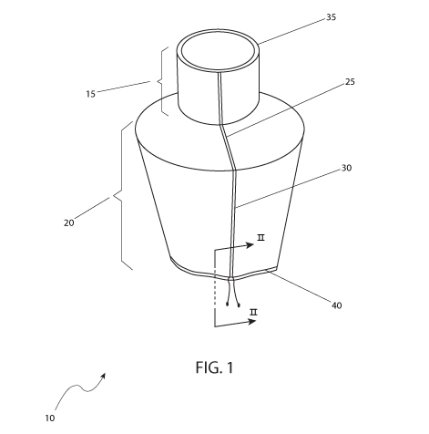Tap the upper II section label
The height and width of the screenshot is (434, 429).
tap(260, 238)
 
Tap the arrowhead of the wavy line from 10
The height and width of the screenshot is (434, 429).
tap(104, 375)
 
